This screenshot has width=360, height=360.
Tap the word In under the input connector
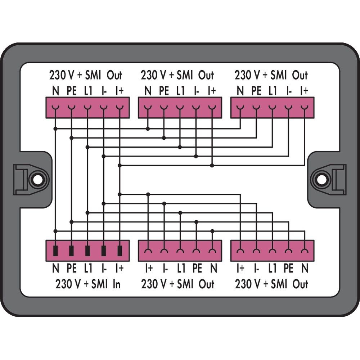(x=116, y=284)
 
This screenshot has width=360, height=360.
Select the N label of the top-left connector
(x=55, y=91)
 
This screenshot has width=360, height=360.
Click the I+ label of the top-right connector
(x=304, y=91)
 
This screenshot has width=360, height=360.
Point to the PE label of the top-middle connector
(x=164, y=91)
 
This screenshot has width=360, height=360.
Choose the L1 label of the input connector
(x=88, y=268)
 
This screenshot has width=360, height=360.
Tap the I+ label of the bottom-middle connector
(x=149, y=268)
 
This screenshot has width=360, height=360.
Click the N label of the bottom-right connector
(x=305, y=268)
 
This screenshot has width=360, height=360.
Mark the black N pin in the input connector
(x=55, y=251)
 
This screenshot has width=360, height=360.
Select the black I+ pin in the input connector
(x=120, y=251)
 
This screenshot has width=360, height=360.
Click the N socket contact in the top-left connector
(x=55, y=107)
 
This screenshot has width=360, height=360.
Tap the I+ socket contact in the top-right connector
(x=305, y=107)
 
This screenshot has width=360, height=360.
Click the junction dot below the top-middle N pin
(x=148, y=129)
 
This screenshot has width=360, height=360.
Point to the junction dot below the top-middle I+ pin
(x=212, y=165)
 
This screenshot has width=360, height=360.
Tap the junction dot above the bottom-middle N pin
(x=212, y=231)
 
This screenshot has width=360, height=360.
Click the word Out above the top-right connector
(x=300, y=75)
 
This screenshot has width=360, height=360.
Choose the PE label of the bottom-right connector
(x=288, y=268)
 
